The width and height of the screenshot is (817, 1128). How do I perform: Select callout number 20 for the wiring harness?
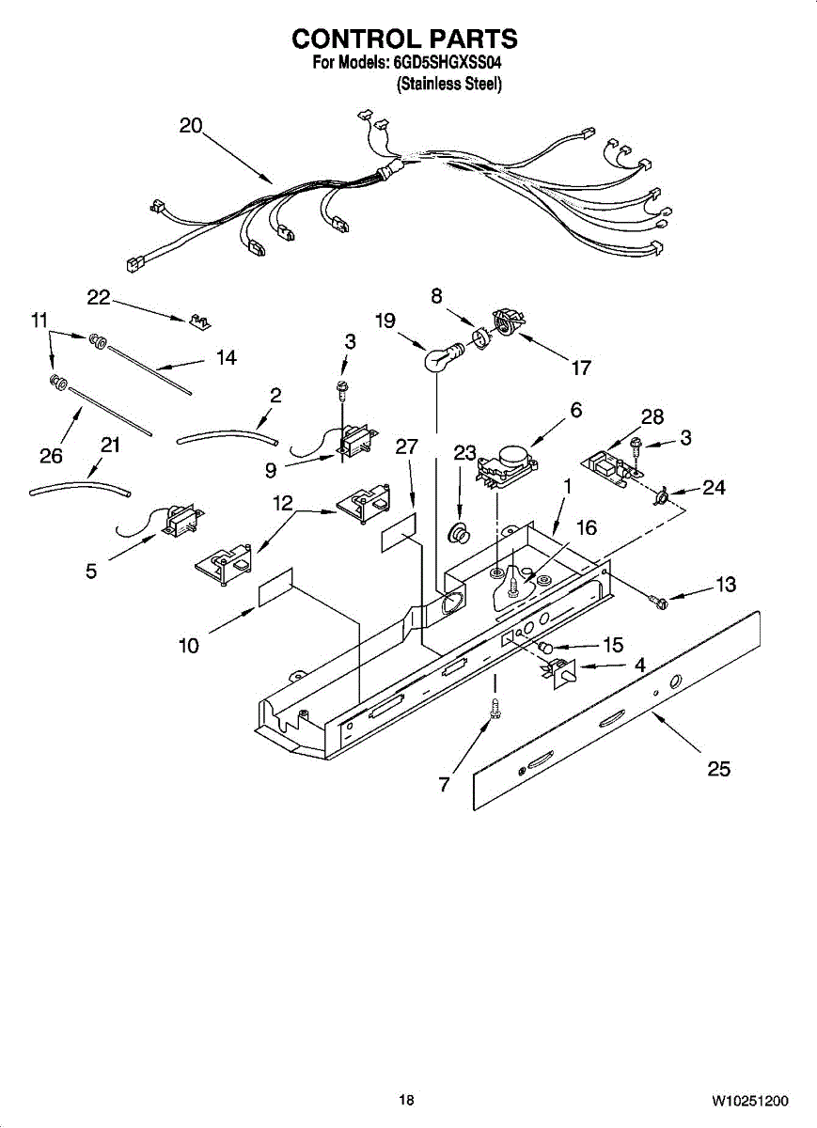tap(191, 125)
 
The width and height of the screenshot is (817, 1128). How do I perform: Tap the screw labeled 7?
tap(495, 709)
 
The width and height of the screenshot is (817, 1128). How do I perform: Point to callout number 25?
tap(719, 769)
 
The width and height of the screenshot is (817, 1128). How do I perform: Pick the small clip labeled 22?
tap(201, 321)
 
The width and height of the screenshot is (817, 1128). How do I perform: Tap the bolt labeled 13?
tap(657, 601)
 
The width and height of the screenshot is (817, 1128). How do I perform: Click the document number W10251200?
tap(750, 1086)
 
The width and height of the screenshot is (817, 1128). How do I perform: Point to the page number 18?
tap(406, 1086)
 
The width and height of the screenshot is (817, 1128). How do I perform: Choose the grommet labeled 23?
tap(459, 532)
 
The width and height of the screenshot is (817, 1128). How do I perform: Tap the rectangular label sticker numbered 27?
tap(400, 533)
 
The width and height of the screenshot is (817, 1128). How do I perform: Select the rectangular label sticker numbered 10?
tap(275, 587)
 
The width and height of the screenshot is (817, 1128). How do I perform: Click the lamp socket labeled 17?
tap(509, 321)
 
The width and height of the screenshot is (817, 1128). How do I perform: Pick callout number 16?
tap(587, 527)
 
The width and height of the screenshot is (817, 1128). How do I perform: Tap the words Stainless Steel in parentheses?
tap(449, 84)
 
